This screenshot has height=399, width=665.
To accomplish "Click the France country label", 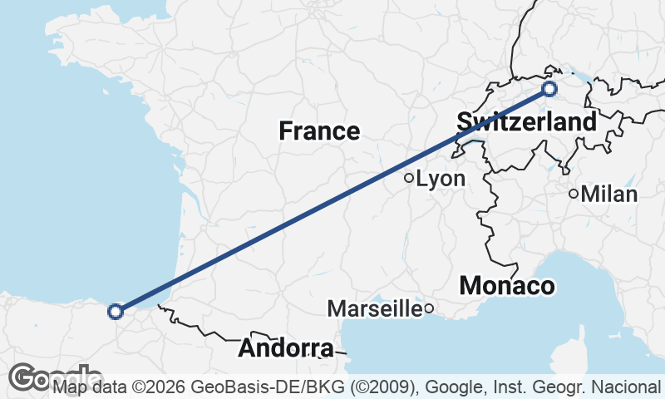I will pyautogui.click(x=319, y=131).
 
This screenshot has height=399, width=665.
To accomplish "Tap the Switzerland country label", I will pyautogui.click(x=526, y=123).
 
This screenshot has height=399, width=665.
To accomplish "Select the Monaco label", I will pyautogui.click(x=507, y=286).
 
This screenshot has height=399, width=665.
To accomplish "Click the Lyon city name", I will pyautogui.click(x=441, y=179).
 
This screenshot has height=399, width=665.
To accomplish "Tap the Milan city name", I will pyautogui.click(x=609, y=195).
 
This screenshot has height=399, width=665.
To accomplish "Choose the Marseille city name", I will pyautogui.click(x=375, y=309).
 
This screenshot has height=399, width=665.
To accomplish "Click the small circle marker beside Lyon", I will pyautogui.click(x=409, y=178).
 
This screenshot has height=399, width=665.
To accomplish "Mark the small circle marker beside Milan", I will pyautogui.click(x=574, y=194).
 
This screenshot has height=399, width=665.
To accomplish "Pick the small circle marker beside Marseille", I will pyautogui.click(x=429, y=309).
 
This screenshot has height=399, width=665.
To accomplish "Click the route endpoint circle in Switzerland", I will pyautogui.click(x=549, y=89).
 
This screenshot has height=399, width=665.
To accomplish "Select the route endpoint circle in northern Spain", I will pyautogui.click(x=116, y=312).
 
